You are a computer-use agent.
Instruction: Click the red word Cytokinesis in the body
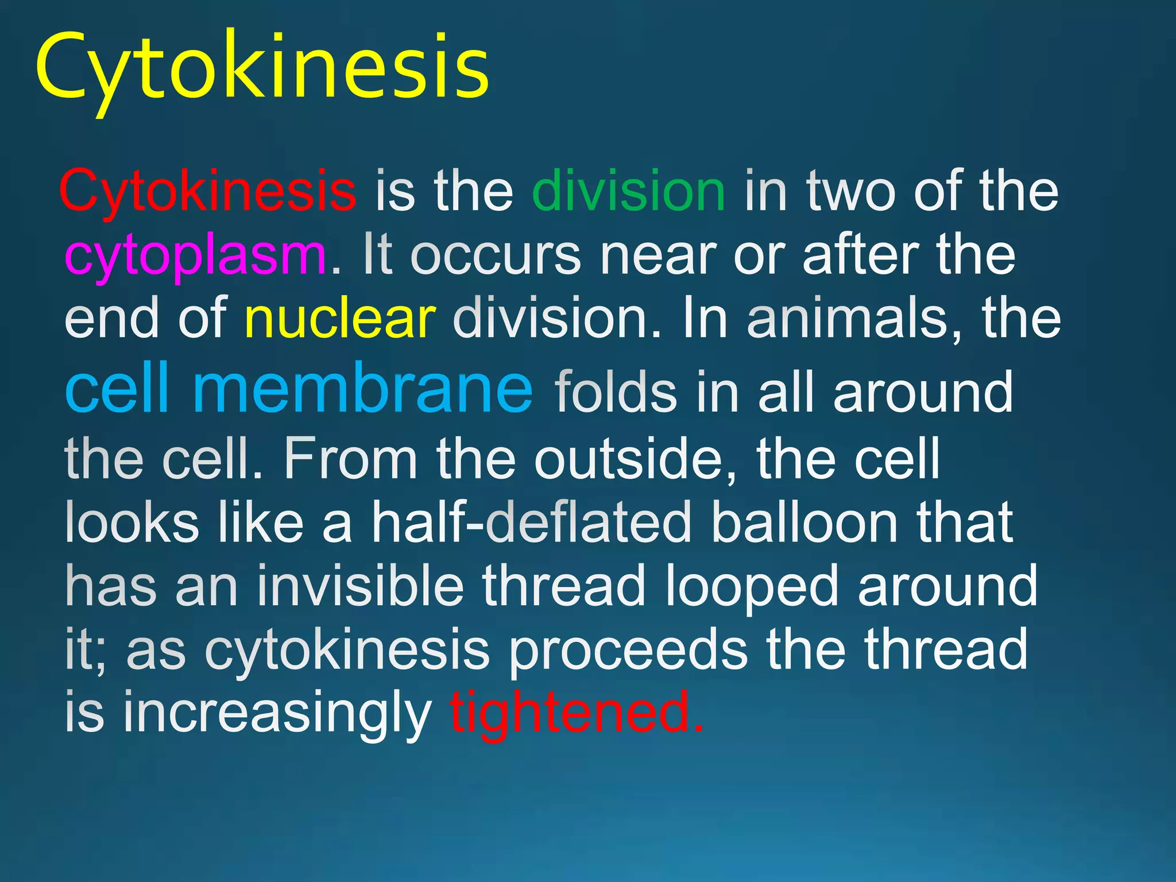(207, 191)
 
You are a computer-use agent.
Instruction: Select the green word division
(629, 191)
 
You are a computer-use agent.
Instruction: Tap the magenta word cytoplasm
(196, 255)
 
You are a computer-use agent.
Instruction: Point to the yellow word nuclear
(340, 319)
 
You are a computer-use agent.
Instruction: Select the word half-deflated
(532, 523)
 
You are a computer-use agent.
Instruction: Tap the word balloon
(804, 523)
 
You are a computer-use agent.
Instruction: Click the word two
(850, 191)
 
